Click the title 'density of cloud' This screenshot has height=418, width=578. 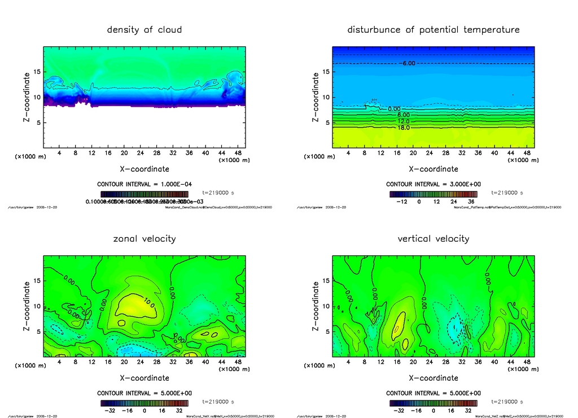[x=144, y=30]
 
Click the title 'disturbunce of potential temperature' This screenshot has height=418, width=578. [x=433, y=30]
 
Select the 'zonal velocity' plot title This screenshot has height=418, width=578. [x=144, y=239]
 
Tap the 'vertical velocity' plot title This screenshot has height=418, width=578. [x=433, y=239]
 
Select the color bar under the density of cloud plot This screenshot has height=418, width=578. [x=144, y=194]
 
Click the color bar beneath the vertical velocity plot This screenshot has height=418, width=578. [x=433, y=403]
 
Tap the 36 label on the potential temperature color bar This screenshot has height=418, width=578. [x=471, y=201]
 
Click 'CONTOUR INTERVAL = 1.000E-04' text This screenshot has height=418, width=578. [x=144, y=184]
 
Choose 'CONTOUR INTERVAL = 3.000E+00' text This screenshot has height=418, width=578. [x=433, y=184]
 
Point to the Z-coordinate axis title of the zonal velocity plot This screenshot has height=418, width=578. [x=27, y=306]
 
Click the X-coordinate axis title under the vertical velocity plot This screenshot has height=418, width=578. [x=433, y=378]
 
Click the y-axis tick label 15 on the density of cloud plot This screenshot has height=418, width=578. [x=37, y=72]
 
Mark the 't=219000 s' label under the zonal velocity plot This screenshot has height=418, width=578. [x=218, y=402]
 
